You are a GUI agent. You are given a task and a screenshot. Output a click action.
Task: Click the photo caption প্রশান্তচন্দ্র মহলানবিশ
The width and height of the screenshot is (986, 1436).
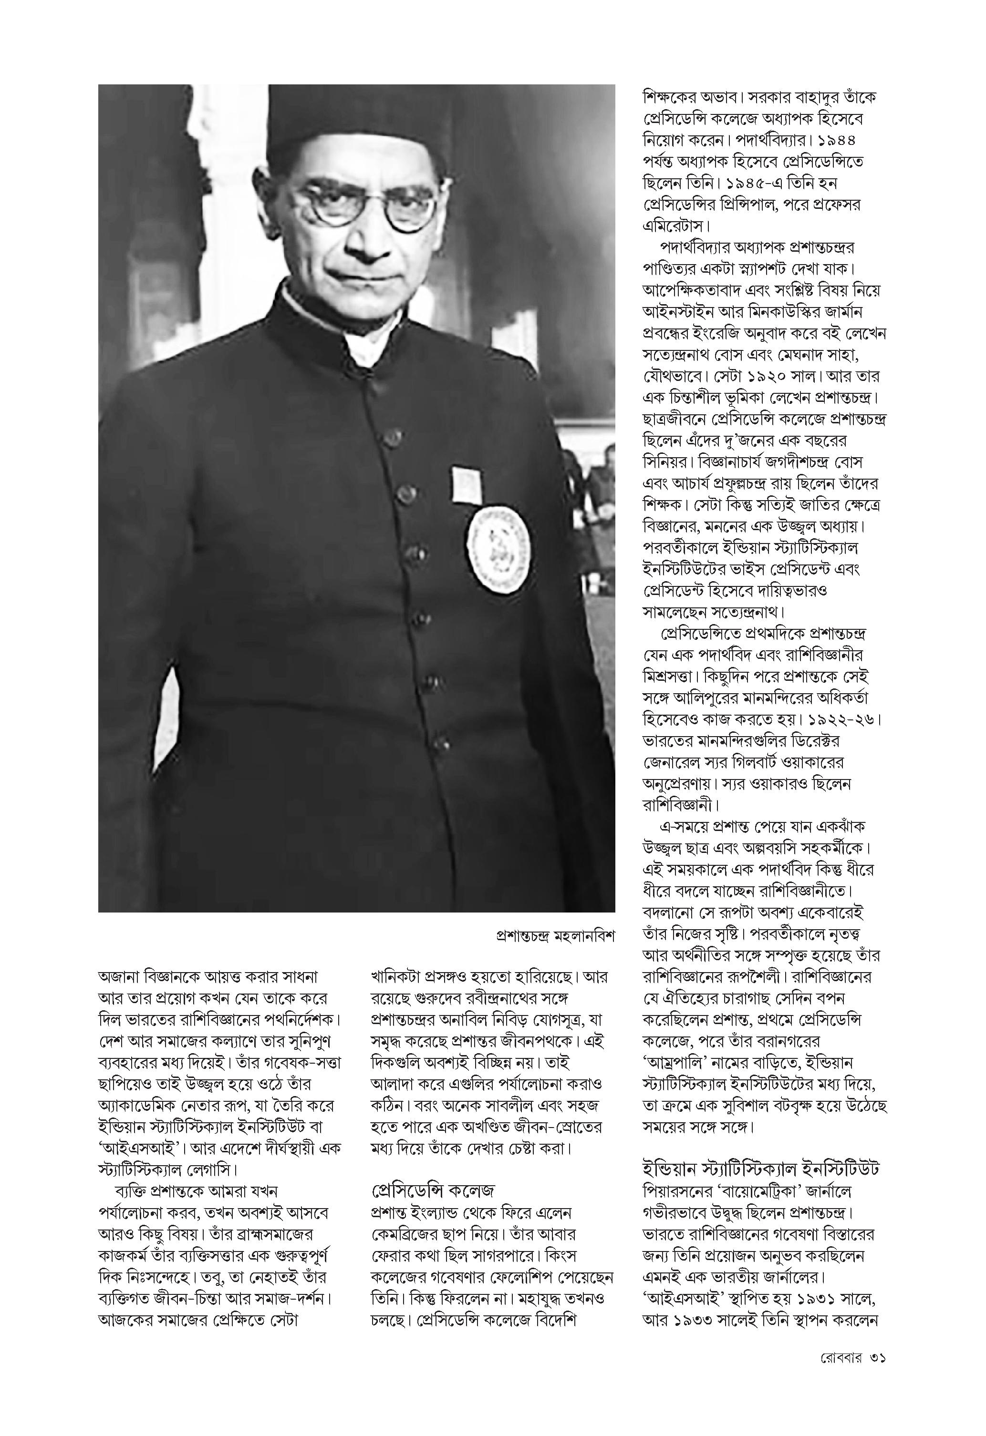tap(555, 935)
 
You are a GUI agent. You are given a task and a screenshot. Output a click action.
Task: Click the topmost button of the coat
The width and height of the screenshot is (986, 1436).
tap(391, 438)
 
